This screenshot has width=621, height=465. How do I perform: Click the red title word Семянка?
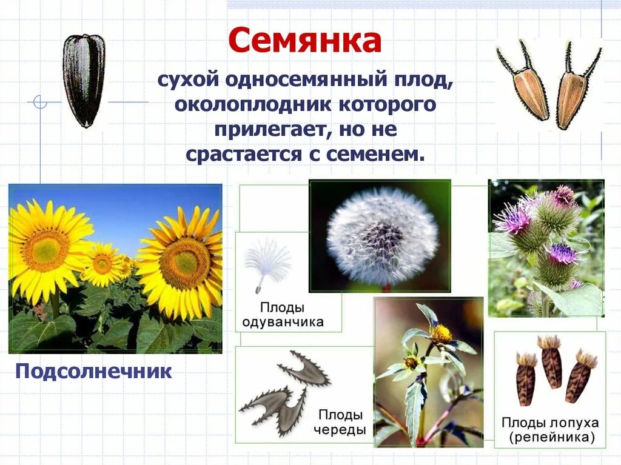305,41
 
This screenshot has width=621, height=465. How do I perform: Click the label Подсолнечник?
93,371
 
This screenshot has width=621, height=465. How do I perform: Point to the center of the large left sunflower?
45,250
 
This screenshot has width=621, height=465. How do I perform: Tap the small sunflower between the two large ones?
102,264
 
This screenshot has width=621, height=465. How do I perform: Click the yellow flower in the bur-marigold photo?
441,333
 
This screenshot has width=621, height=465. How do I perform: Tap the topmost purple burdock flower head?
563,195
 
